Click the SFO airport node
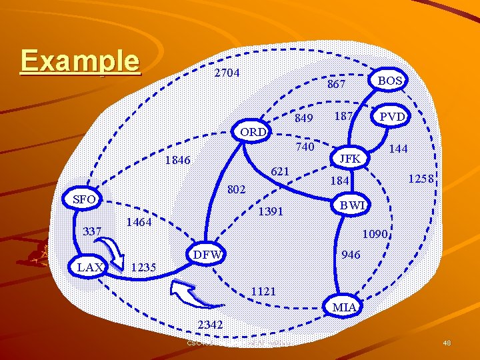click(x=84, y=199)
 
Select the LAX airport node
click(x=90, y=267)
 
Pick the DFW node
click(x=207, y=255)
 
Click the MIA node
click(x=344, y=307)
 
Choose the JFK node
click(x=350, y=158)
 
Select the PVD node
click(x=393, y=117)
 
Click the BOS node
click(x=390, y=81)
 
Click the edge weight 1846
click(x=177, y=160)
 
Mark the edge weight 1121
click(x=264, y=291)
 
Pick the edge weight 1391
click(x=271, y=211)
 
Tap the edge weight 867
click(x=336, y=84)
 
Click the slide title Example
click(x=80, y=61)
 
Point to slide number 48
click(x=447, y=343)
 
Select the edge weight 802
click(x=237, y=189)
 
